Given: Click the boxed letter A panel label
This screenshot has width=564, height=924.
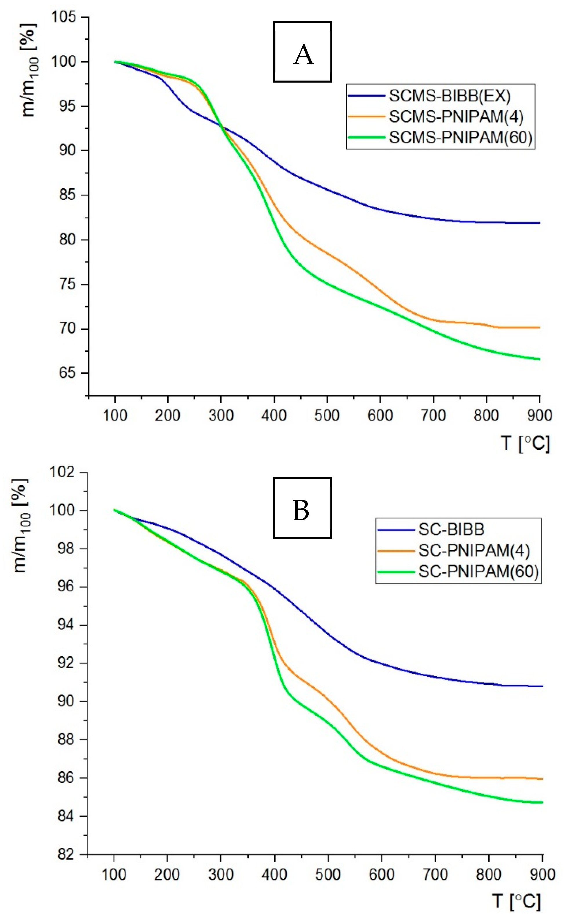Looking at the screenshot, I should tap(302, 52).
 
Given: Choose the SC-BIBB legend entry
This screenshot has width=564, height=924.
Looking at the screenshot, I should tap(451, 529).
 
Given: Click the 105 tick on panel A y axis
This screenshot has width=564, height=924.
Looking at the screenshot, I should tap(68, 17).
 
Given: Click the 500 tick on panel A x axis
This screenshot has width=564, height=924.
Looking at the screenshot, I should tap(327, 415).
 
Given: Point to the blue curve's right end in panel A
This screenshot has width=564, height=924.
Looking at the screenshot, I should tap(538, 223).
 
